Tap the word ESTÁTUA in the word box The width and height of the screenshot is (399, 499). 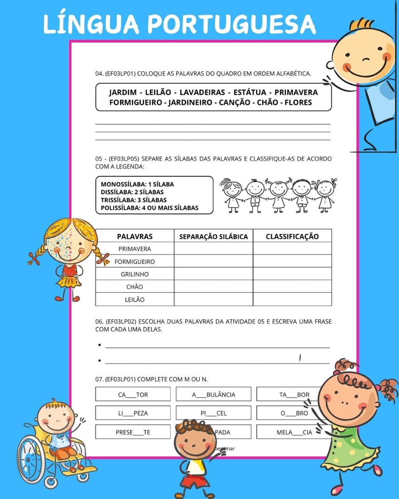[x=250, y=92]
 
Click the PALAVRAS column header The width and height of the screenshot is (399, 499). [x=134, y=236]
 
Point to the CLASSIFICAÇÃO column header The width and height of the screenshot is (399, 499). [x=292, y=236]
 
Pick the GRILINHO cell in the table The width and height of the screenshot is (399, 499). [x=134, y=274]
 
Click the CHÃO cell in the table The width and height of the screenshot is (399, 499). [x=134, y=287]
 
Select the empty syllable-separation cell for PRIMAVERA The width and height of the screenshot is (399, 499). [x=213, y=249]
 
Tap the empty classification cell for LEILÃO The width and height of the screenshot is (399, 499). [x=292, y=299]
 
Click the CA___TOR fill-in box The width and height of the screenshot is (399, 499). [x=133, y=394]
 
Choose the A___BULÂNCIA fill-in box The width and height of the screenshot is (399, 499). [x=213, y=394]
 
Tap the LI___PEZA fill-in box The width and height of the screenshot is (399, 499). [x=133, y=413]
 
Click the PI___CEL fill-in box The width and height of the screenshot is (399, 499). [x=213, y=413]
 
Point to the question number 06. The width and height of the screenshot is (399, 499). [x=99, y=322]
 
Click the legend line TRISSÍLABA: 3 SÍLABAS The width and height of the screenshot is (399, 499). [x=134, y=200]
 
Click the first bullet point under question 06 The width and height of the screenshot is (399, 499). [x=100, y=345]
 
